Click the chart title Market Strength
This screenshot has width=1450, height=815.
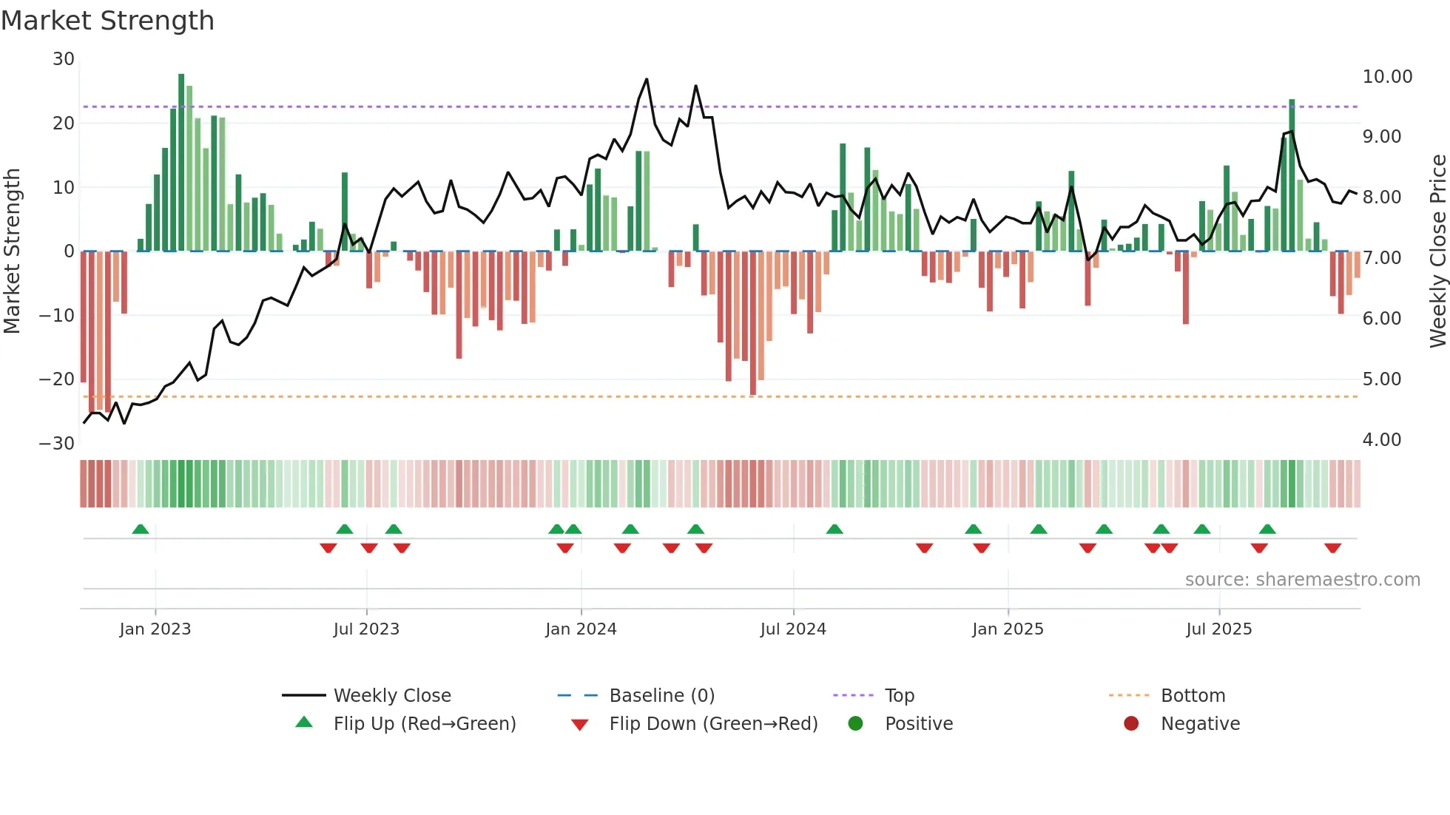point(107,21)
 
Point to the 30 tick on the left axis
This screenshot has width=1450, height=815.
point(64,59)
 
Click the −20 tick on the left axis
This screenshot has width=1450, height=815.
point(57,379)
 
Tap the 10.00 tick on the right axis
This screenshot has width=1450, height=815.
point(1387,77)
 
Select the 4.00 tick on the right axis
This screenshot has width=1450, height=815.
point(1381,440)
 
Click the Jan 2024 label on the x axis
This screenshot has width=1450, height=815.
point(581,629)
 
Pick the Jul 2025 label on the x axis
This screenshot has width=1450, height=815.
point(1218,629)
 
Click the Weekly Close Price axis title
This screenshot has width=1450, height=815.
point(1437,251)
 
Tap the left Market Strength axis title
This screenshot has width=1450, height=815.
point(12,251)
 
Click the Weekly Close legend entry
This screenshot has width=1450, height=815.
point(391,696)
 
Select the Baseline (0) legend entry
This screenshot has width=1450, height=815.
point(661,696)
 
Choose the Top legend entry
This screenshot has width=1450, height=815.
point(899,696)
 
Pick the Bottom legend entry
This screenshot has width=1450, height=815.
point(1193,696)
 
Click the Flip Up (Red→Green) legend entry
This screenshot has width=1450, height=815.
point(424,724)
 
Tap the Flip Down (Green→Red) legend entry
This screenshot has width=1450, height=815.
point(712,724)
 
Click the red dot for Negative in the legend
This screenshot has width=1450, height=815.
point(1131,724)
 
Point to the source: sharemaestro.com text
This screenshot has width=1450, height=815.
point(1302,580)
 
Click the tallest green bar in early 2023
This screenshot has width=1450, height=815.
point(181,163)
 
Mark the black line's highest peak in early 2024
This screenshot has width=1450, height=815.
point(647,79)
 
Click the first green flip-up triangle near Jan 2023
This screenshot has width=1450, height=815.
point(141,530)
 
